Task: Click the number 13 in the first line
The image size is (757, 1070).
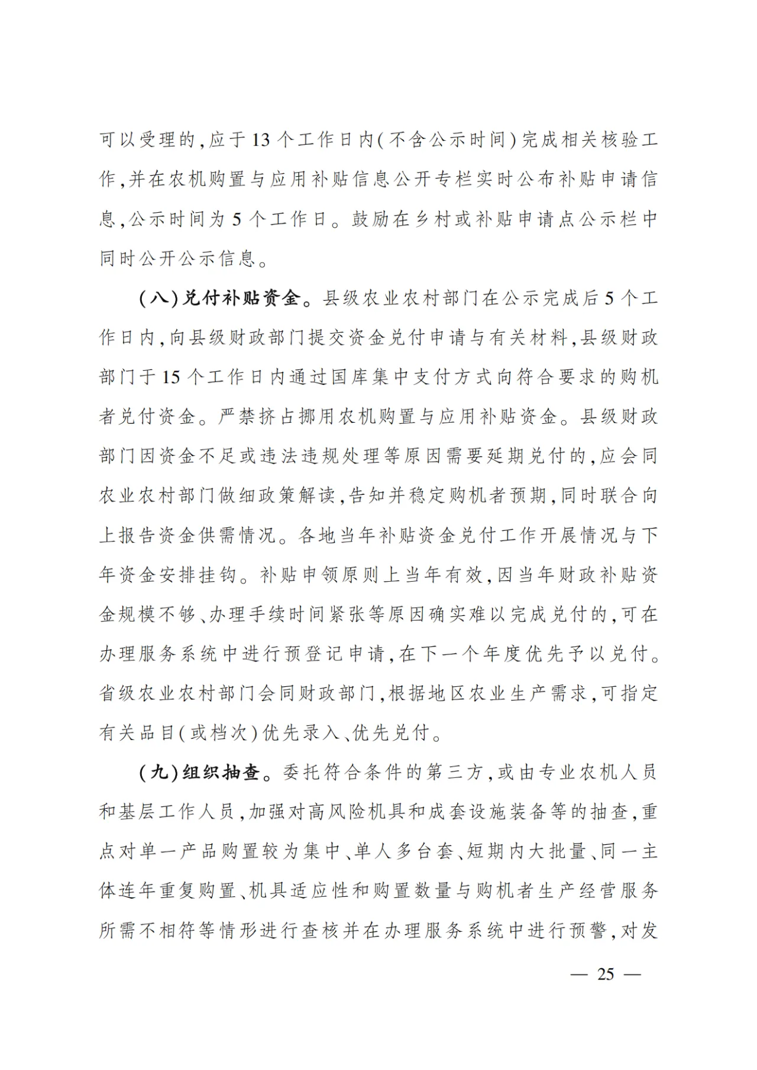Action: pyautogui.click(x=261, y=140)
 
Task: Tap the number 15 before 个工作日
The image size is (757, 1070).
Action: pyautogui.click(x=171, y=377)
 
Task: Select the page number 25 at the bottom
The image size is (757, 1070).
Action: pyautogui.click(x=606, y=974)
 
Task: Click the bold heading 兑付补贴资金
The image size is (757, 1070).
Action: pyautogui.click(x=240, y=299)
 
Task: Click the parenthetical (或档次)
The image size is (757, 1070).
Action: pyautogui.click(x=224, y=732)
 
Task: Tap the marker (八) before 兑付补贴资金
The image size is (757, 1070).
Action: pyautogui.click(x=158, y=299)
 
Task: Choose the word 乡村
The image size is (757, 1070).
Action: pyautogui.click(x=440, y=219)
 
